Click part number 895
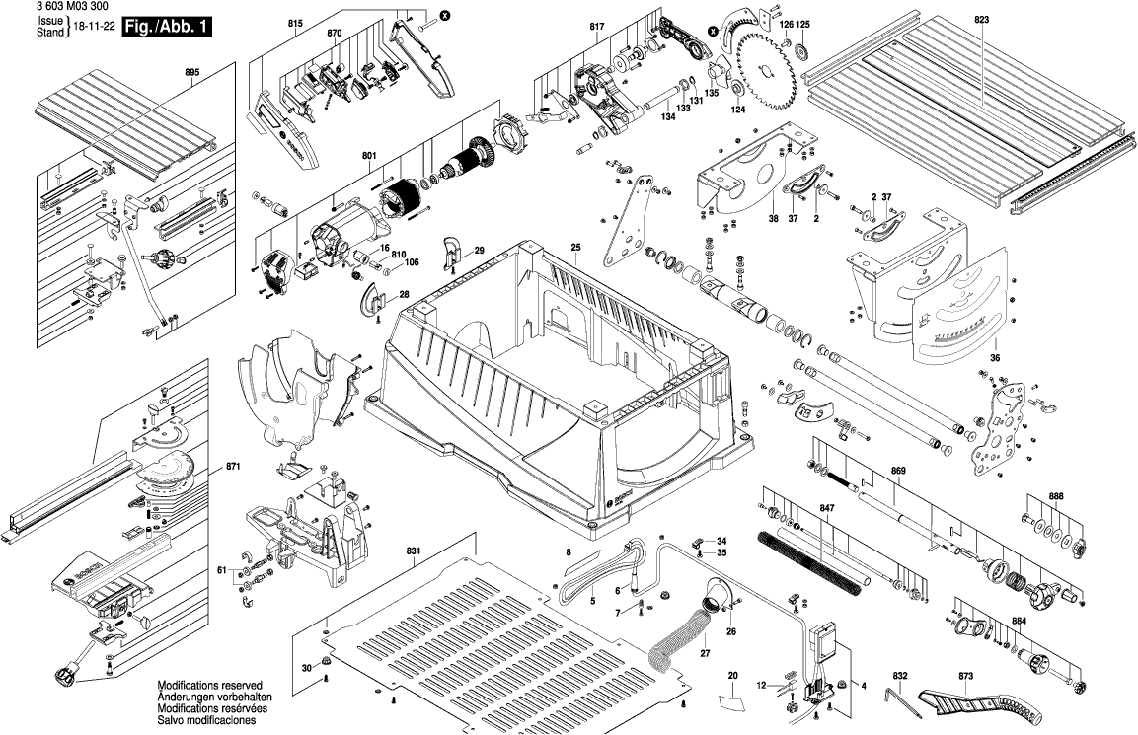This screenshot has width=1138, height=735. [191, 72]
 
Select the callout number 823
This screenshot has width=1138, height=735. [980, 20]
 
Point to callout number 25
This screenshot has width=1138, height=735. [575, 246]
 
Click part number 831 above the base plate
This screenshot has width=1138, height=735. [414, 550]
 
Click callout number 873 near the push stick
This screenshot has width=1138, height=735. [965, 676]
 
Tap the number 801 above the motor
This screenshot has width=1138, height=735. [369, 155]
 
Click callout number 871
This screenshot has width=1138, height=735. [233, 465]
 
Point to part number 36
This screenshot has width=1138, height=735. [995, 358]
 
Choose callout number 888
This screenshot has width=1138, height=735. [1055, 496]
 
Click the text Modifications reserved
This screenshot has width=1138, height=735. [208, 685]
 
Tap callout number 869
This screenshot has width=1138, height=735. [897, 471]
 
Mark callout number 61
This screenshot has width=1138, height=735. [223, 570]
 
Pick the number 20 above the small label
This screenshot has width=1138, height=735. [732, 676]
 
